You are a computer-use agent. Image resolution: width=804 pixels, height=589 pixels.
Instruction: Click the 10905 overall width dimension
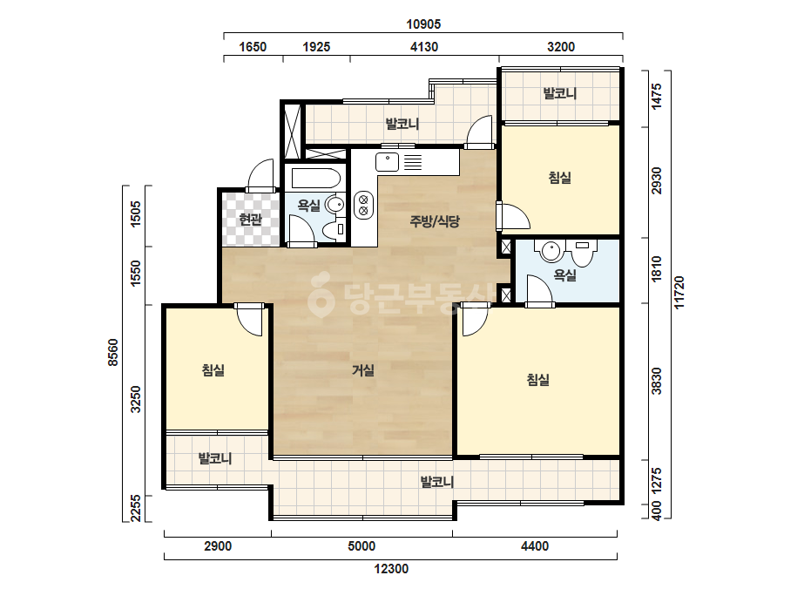pyautogui.click(x=423, y=24)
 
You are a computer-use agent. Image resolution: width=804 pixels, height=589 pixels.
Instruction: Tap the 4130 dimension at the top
pyautogui.click(x=424, y=47)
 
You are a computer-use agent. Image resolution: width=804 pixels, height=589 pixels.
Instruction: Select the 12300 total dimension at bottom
pyautogui.click(x=391, y=569)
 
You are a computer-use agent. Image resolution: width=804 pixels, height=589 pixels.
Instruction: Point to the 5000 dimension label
pyautogui.click(x=361, y=546)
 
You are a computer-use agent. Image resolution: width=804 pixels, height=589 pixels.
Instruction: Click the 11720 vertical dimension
pyautogui.click(x=679, y=293)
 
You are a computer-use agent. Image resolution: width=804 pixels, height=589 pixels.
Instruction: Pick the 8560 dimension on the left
pyautogui.click(x=113, y=353)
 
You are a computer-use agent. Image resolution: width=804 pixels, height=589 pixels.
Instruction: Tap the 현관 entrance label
pyautogui.click(x=251, y=219)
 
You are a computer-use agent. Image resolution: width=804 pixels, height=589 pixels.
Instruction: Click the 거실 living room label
pyautogui.click(x=363, y=370)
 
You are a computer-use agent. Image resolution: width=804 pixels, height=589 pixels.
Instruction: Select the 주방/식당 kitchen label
pyautogui.click(x=435, y=221)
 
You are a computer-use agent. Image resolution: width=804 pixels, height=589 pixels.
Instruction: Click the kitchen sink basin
pyautogui.click(x=387, y=162)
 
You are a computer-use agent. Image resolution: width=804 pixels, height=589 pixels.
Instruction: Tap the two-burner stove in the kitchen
pyautogui.click(x=363, y=205)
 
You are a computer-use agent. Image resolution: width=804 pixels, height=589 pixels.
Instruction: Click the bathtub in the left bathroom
pyautogui.click(x=316, y=178)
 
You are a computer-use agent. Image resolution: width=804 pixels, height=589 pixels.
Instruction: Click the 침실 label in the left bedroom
pyautogui.click(x=213, y=370)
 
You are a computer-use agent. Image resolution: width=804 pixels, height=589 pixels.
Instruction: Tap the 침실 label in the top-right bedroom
pyautogui.click(x=559, y=178)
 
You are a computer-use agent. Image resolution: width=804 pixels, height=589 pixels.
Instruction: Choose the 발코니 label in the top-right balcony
pyautogui.click(x=560, y=93)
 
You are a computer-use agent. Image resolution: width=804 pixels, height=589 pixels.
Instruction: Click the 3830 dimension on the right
pyautogui.click(x=656, y=381)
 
